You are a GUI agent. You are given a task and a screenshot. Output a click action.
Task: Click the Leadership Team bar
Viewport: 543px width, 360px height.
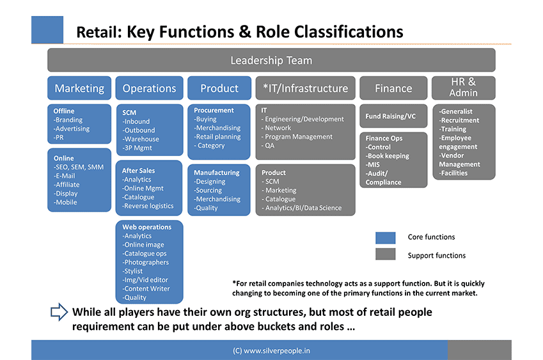[271, 60]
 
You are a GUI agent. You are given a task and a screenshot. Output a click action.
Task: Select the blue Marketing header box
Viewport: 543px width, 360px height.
[79, 88]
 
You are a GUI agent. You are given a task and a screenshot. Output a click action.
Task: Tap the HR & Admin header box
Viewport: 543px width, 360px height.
[463, 88]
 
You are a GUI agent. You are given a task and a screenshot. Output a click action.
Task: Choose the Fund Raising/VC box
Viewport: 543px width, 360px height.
[393, 116]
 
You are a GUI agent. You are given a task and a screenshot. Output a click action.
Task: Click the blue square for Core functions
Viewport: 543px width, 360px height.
[386, 238]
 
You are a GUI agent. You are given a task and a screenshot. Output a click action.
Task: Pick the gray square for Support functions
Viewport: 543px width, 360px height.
[386, 254]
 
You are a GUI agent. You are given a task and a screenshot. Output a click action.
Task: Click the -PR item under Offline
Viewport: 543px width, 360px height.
[59, 137]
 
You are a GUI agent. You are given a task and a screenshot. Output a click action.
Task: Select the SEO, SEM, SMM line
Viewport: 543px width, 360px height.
[79, 167]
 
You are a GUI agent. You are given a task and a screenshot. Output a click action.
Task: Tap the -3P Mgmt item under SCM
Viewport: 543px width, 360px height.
[137, 148]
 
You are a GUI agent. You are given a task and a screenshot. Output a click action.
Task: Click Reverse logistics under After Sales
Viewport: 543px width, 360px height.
[148, 206]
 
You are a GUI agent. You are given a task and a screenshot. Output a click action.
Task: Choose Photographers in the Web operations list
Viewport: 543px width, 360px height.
[145, 262]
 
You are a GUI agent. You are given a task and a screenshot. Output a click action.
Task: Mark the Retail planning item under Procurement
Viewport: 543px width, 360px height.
[217, 137]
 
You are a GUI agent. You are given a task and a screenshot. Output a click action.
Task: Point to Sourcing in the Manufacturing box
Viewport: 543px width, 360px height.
[208, 191]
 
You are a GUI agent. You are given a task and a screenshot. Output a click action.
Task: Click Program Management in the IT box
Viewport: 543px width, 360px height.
[297, 137]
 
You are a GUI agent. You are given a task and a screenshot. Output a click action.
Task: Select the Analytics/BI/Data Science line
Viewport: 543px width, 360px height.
[302, 208]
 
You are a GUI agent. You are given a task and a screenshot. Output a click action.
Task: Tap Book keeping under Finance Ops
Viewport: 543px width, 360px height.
[388, 156]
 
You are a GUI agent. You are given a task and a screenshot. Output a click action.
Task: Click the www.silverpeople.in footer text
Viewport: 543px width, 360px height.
[271, 350]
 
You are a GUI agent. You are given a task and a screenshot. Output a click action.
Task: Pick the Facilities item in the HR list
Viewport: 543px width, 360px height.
[453, 173]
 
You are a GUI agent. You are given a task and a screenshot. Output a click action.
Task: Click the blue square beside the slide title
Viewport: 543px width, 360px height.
[47, 30]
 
